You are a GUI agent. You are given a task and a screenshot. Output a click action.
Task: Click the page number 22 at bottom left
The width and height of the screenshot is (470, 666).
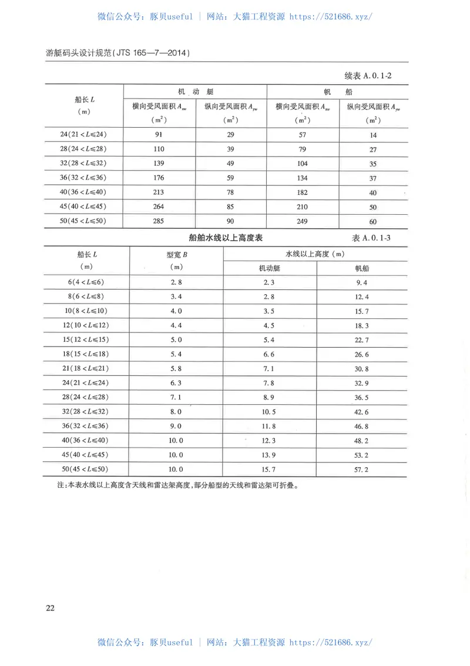coord(50,608)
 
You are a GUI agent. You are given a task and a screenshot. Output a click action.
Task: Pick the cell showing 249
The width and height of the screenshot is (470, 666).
coord(303,221)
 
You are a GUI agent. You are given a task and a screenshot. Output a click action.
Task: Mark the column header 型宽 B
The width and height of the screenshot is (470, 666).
coord(176,254)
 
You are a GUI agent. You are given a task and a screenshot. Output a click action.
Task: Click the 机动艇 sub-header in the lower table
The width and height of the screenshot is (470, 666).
coord(270,268)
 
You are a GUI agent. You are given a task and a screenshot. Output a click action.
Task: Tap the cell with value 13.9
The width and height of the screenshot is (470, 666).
coord(270,455)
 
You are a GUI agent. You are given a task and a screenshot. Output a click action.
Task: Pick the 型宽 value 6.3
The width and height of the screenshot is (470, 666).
coord(176,383)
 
